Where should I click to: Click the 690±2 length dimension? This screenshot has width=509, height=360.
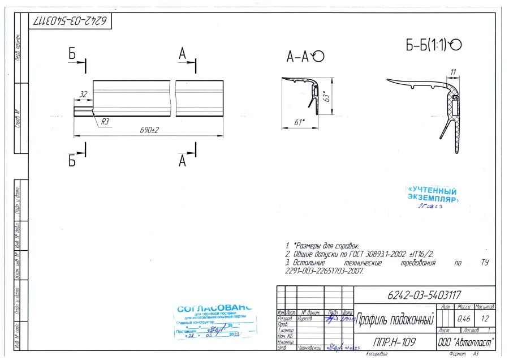click(150, 130)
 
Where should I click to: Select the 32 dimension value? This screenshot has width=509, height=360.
click(83, 94)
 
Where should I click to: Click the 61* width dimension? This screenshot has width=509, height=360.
click(300, 122)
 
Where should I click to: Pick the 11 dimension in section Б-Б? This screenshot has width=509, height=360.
click(453, 71)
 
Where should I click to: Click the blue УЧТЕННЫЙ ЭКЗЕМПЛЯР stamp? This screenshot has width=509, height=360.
click(433, 194)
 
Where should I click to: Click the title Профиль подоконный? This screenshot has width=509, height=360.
click(394, 321)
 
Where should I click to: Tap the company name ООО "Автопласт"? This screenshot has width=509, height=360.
click(467, 342)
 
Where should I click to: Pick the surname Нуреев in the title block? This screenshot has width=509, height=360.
click(305, 319)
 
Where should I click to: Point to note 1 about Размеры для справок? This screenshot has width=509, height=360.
click(322, 246)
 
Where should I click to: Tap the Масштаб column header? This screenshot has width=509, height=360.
click(485, 306)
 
